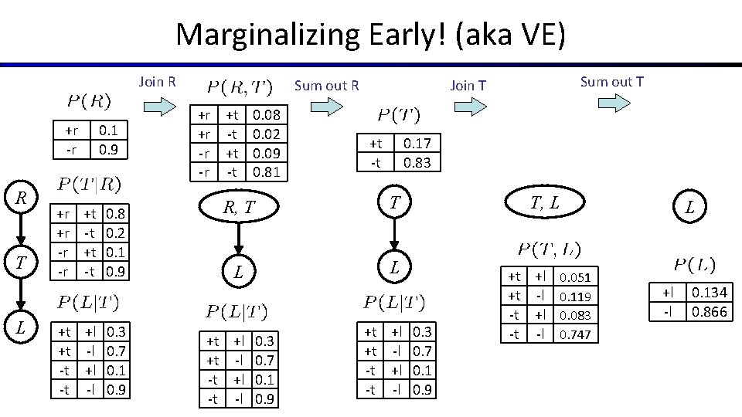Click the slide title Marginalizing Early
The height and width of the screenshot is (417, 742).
(370, 35)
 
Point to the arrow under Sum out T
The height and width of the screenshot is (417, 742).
(611, 103)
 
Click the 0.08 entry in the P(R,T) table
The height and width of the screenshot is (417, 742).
(267, 116)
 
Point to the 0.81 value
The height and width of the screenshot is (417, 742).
(267, 171)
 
